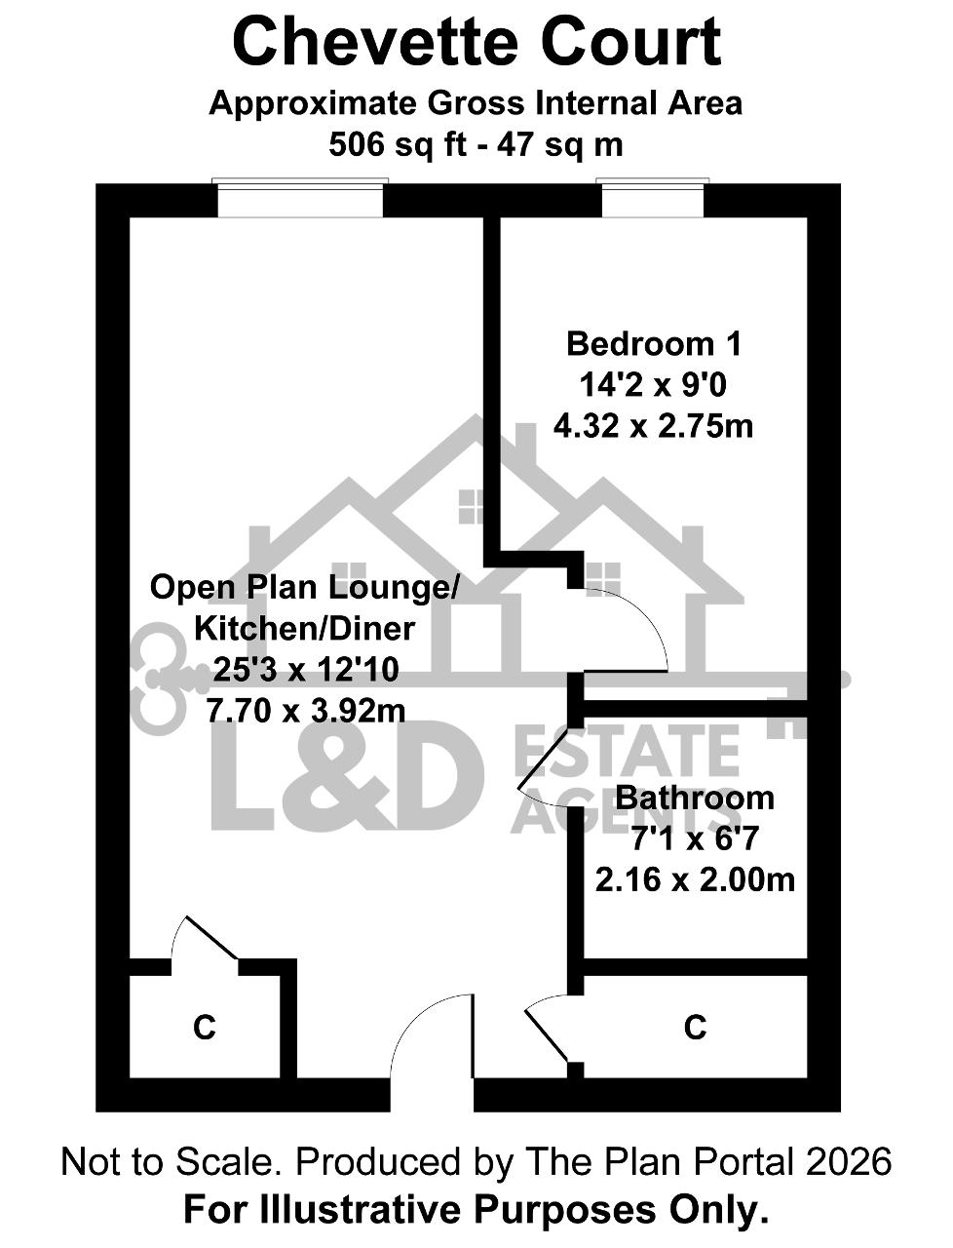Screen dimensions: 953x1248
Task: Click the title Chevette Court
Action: (x=476, y=44)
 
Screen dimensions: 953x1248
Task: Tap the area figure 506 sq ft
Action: (x=398, y=144)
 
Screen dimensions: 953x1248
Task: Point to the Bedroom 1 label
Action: (x=654, y=344)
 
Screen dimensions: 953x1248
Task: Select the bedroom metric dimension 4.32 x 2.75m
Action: (x=654, y=426)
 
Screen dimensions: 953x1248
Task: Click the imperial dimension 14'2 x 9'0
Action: (x=653, y=385)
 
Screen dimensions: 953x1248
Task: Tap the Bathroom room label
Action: (x=695, y=798)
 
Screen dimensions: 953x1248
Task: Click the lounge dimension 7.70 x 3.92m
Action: (x=306, y=710)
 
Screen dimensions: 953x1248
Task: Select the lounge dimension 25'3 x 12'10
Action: (x=306, y=669)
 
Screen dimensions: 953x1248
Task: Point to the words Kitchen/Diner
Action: (x=305, y=629)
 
